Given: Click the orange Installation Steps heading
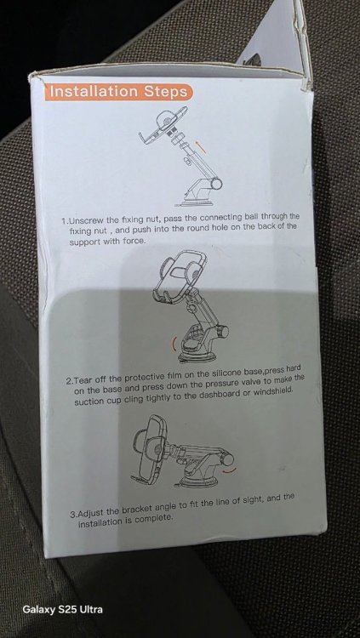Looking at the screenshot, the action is tap(118, 92).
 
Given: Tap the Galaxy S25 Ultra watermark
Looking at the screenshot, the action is tap(63, 609).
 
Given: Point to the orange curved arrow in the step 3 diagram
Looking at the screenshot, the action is tap(230, 470).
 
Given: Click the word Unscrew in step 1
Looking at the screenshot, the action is tap(86, 221).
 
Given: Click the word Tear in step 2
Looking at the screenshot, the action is tap(85, 381).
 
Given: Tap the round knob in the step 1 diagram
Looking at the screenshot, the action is tap(217, 185).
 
